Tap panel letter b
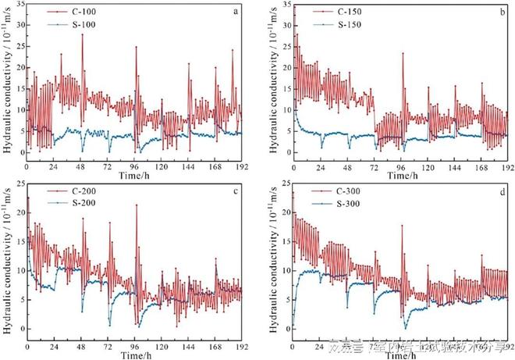502,10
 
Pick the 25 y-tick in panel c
18,184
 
